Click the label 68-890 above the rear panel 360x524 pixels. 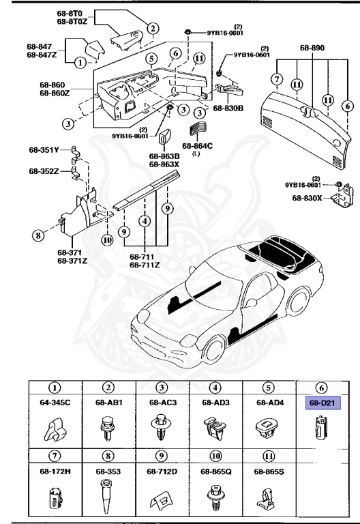pyautogui.click(x=313, y=49)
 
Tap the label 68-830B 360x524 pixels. pyautogui.click(x=228, y=108)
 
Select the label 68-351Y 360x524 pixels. pyautogui.click(x=44, y=149)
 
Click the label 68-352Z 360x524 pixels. pyautogui.click(x=44, y=171)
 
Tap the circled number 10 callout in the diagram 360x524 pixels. pyautogui.click(x=106, y=220)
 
